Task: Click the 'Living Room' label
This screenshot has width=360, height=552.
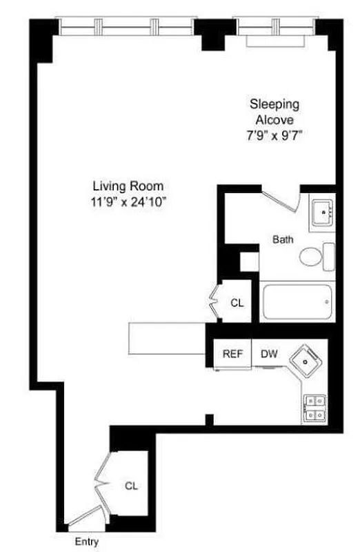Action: tap(128, 186)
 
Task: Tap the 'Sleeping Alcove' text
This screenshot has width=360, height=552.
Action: tap(274, 112)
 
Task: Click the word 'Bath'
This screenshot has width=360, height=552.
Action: tap(283, 240)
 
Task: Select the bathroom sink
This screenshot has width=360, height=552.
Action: tap(322, 213)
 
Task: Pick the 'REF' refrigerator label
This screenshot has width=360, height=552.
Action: tap(232, 354)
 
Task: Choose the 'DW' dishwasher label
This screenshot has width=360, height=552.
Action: tap(269, 354)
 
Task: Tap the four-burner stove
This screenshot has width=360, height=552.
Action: tap(314, 407)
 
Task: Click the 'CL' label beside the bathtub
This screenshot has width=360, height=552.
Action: tap(237, 302)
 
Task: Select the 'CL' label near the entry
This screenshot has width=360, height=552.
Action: tap(131, 485)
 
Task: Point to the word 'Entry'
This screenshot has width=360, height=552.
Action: tap(87, 542)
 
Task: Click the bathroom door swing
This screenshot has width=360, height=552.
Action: tap(279, 201)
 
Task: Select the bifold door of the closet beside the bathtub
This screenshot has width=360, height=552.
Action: tap(214, 302)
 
